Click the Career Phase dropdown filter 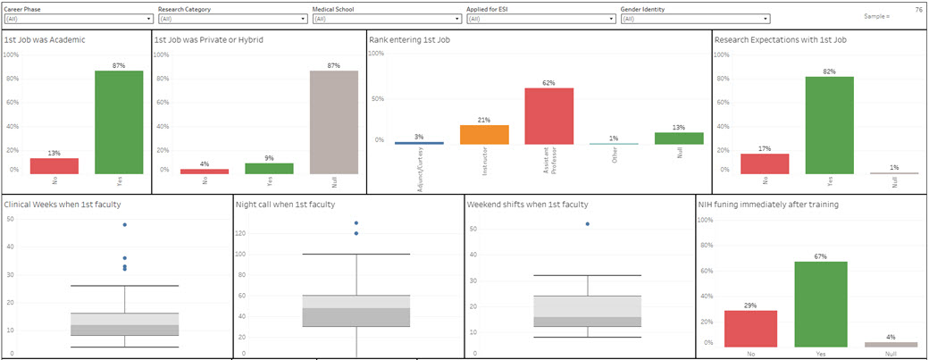(79, 18)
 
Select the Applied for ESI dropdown (540, 18)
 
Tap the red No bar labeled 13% (54, 166)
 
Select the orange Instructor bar (484, 135)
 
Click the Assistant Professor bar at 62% (548, 116)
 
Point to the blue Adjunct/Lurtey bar (419, 142)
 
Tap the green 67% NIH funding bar (820, 305)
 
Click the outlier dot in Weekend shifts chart (587, 223)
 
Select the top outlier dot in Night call (356, 222)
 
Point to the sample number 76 (918, 9)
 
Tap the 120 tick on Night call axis (242, 233)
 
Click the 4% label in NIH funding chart (891, 337)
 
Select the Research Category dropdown (232, 18)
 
